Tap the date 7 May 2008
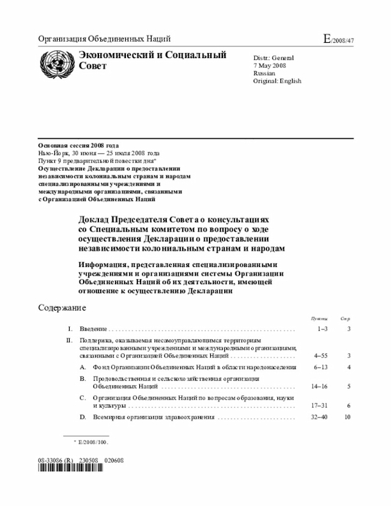click(269, 65)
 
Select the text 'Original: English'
click(277, 81)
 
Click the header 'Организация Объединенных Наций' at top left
click(104, 40)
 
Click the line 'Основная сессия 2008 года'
click(78, 145)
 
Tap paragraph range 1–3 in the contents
click(322, 329)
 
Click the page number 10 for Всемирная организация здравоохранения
click(347, 417)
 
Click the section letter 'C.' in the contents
click(82, 397)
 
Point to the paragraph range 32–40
click(320, 417)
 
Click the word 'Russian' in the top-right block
click(265, 73)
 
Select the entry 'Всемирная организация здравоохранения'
click(153, 417)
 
